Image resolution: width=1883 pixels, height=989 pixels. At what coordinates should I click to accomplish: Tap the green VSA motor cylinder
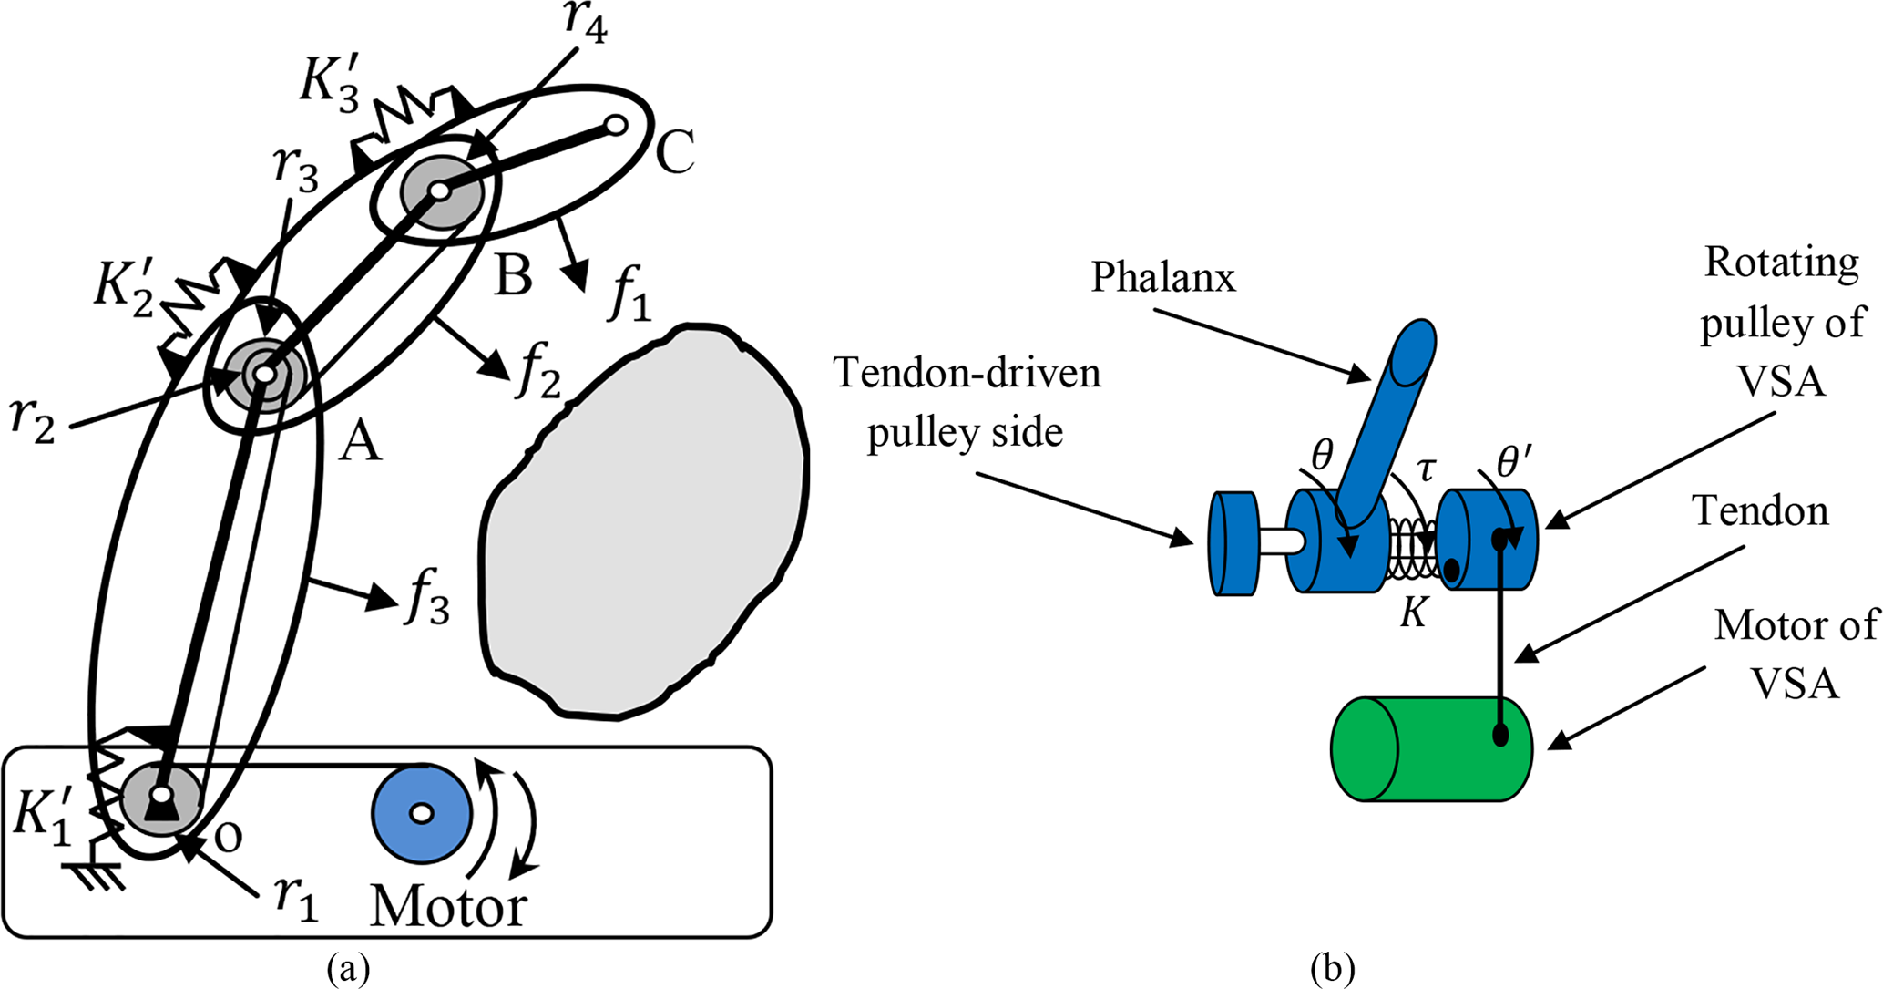point(1430,749)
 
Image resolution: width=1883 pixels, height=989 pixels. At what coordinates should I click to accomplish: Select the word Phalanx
point(1163,277)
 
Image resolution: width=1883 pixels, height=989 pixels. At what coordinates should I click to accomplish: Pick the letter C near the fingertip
point(675,151)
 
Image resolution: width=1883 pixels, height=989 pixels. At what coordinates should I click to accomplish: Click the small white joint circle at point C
point(616,125)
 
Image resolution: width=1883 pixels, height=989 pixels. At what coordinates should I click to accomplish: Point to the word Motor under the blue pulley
point(448,906)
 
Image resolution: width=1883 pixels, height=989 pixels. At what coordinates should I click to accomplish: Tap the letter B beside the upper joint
point(513,274)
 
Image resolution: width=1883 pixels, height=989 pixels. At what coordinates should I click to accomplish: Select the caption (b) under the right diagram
point(1332,969)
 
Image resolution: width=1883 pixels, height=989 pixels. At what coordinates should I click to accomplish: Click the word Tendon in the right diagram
point(1760,510)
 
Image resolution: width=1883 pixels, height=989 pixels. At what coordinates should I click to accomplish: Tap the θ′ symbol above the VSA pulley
point(1512,463)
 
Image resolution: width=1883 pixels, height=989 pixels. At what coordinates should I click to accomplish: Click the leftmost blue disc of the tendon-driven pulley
point(1233,543)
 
